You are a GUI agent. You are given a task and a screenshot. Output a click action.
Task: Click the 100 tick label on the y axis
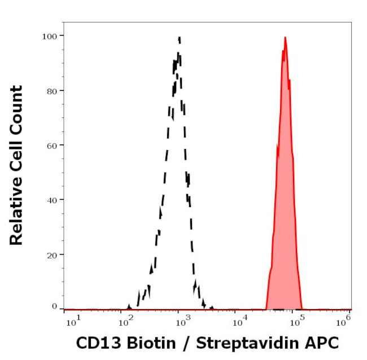coord(50,36)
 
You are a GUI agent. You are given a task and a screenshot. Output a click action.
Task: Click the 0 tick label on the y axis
coord(54,306)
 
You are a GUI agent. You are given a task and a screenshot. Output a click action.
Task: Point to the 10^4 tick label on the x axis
coord(239,322)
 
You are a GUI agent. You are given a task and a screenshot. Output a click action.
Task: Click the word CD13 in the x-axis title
coord(98,343)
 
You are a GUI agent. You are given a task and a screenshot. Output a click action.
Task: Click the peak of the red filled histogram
coord(285,38)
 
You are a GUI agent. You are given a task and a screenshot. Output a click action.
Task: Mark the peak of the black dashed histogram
coord(179,38)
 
